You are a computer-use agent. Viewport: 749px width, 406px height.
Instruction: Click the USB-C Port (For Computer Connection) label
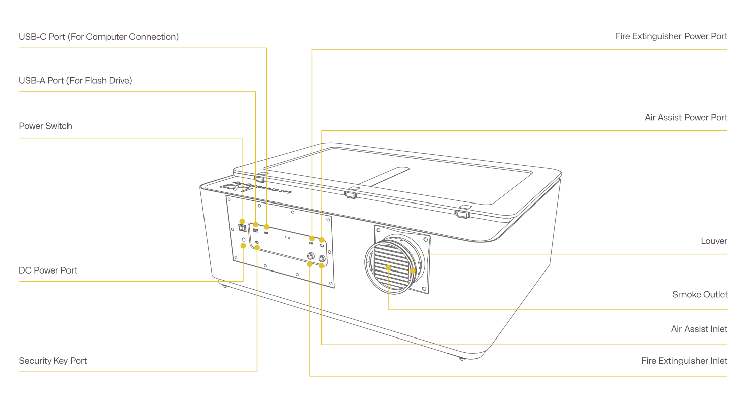pyautogui.click(x=99, y=37)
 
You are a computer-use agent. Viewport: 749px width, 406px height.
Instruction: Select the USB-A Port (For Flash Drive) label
pyautogui.click(x=75, y=80)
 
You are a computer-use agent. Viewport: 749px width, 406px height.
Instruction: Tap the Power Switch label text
pyautogui.click(x=45, y=126)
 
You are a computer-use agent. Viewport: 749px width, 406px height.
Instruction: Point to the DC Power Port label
pyautogui.click(x=48, y=270)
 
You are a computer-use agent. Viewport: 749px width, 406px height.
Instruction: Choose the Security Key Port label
pyautogui.click(x=52, y=361)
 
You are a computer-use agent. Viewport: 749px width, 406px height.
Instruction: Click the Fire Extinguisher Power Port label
pyautogui.click(x=671, y=36)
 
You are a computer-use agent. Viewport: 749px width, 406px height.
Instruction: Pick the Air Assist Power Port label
pyautogui.click(x=686, y=117)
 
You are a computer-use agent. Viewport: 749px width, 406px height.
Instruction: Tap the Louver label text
pyautogui.click(x=714, y=241)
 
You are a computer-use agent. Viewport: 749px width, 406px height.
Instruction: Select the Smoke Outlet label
pyautogui.click(x=700, y=294)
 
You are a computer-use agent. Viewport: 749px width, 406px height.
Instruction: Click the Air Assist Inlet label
pyautogui.click(x=699, y=329)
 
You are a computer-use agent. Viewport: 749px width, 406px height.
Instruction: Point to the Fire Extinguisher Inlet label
pyautogui.click(x=684, y=361)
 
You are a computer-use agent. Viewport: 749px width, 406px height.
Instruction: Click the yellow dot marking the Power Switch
pyautogui.click(x=242, y=221)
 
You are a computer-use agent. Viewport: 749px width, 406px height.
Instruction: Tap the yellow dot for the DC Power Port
pyautogui.click(x=243, y=246)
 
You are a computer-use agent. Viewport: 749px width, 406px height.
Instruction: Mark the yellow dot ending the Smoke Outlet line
pyautogui.click(x=388, y=267)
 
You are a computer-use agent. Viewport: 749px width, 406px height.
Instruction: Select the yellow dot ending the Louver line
pyautogui.click(x=413, y=271)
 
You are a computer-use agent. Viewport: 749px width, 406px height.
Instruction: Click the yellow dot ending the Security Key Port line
pyautogui.click(x=257, y=248)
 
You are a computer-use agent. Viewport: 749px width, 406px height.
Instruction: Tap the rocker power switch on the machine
pyautogui.click(x=242, y=228)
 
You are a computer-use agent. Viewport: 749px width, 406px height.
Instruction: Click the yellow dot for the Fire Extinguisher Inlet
pyautogui.click(x=310, y=264)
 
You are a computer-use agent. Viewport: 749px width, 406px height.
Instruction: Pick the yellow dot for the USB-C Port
pyautogui.click(x=266, y=227)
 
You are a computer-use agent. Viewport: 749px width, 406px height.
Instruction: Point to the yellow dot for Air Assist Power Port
pyautogui.click(x=322, y=240)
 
